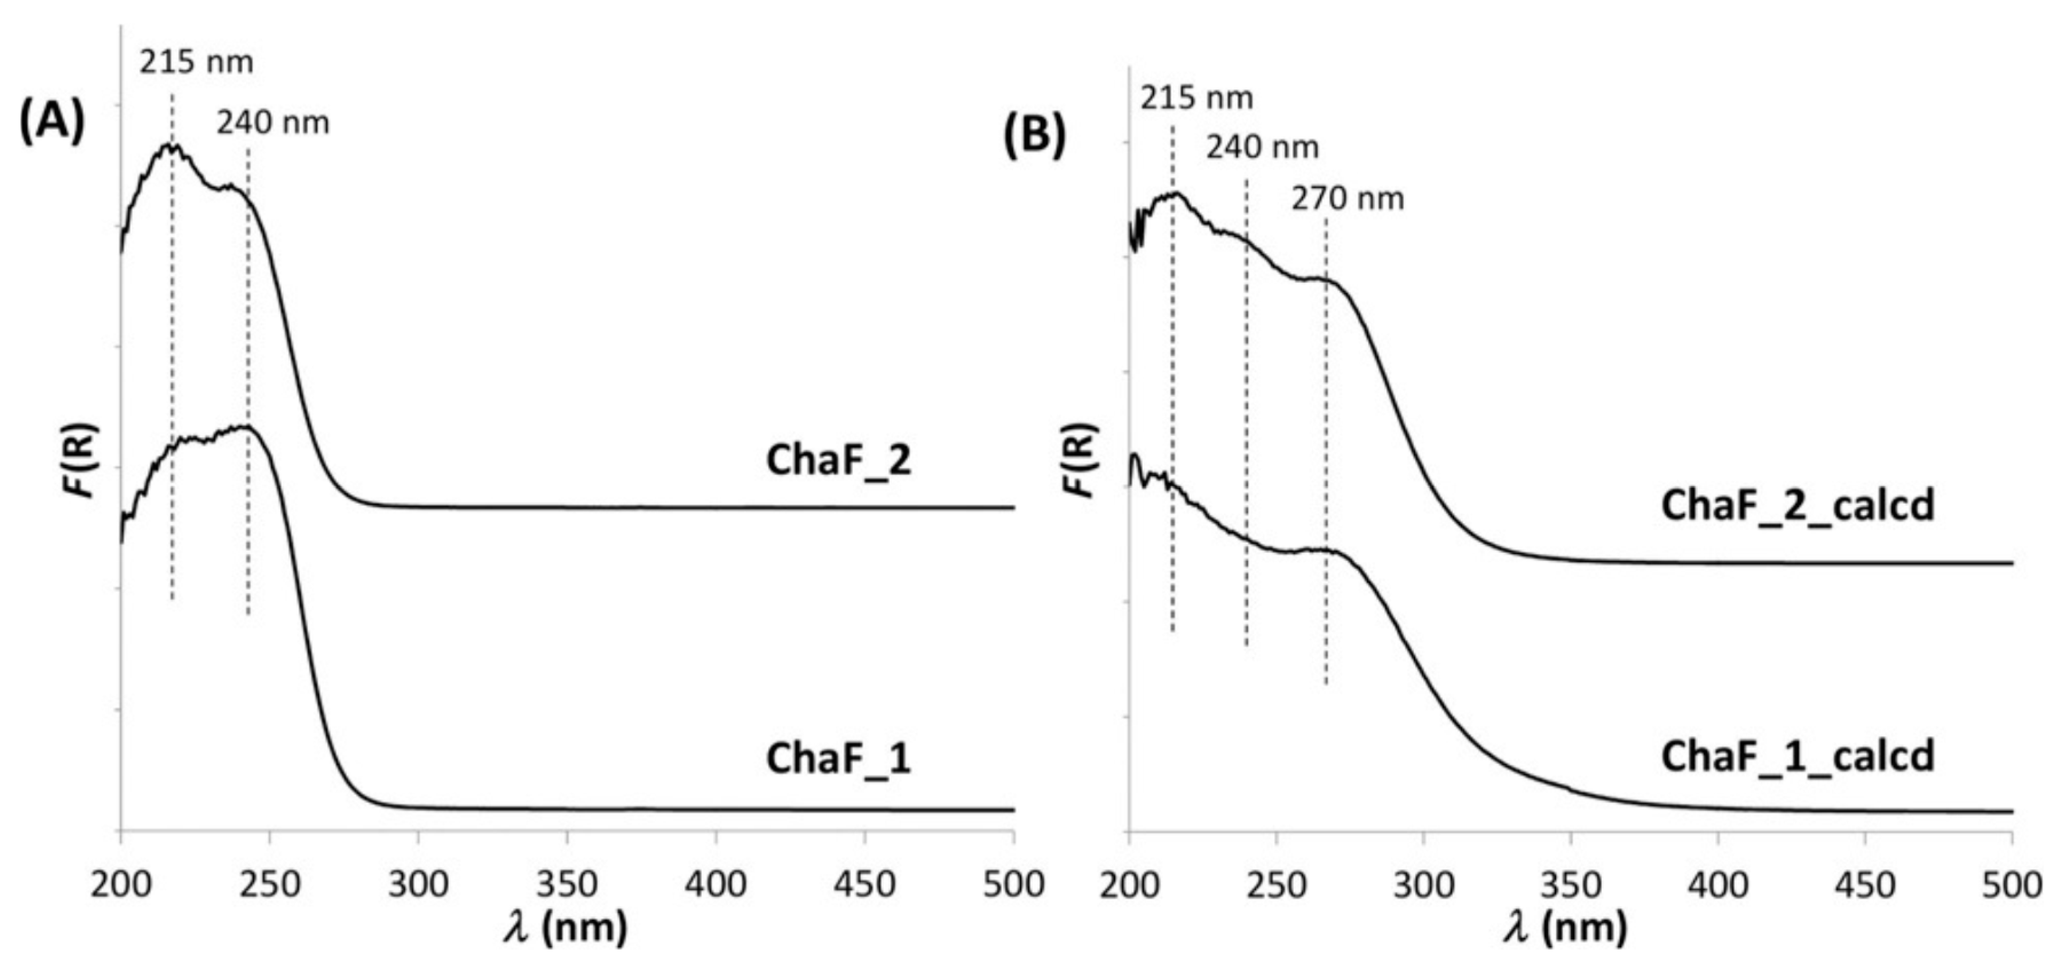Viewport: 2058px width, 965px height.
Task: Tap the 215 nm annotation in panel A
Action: tap(196, 61)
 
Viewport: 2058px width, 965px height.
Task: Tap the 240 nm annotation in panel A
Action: tap(272, 123)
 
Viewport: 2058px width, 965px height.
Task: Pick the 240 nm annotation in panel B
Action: tap(1262, 148)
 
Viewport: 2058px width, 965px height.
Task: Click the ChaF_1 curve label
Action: tap(838, 758)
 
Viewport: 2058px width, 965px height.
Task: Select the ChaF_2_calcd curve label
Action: tap(1798, 505)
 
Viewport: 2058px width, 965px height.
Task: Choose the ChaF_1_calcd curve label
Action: tap(1798, 756)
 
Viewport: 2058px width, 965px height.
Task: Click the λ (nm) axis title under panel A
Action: tap(566, 929)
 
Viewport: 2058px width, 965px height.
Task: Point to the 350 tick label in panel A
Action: tap(566, 885)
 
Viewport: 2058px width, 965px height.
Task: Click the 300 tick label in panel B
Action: tap(1423, 885)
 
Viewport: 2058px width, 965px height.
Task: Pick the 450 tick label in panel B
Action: tap(1865, 885)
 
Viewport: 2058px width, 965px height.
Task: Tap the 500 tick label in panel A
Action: tap(1013, 885)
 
